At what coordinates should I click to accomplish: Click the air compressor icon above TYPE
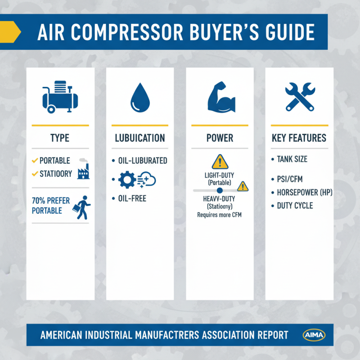(x=60, y=96)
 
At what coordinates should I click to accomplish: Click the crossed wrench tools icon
(x=298, y=96)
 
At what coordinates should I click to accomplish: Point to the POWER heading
(x=220, y=138)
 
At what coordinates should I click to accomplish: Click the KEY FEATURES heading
(x=299, y=138)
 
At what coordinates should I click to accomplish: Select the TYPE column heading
(x=60, y=138)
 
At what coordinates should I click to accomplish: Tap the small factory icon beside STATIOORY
(x=83, y=173)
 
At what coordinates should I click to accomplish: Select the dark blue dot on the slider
(x=220, y=191)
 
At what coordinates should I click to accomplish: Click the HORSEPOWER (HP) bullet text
(x=304, y=193)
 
